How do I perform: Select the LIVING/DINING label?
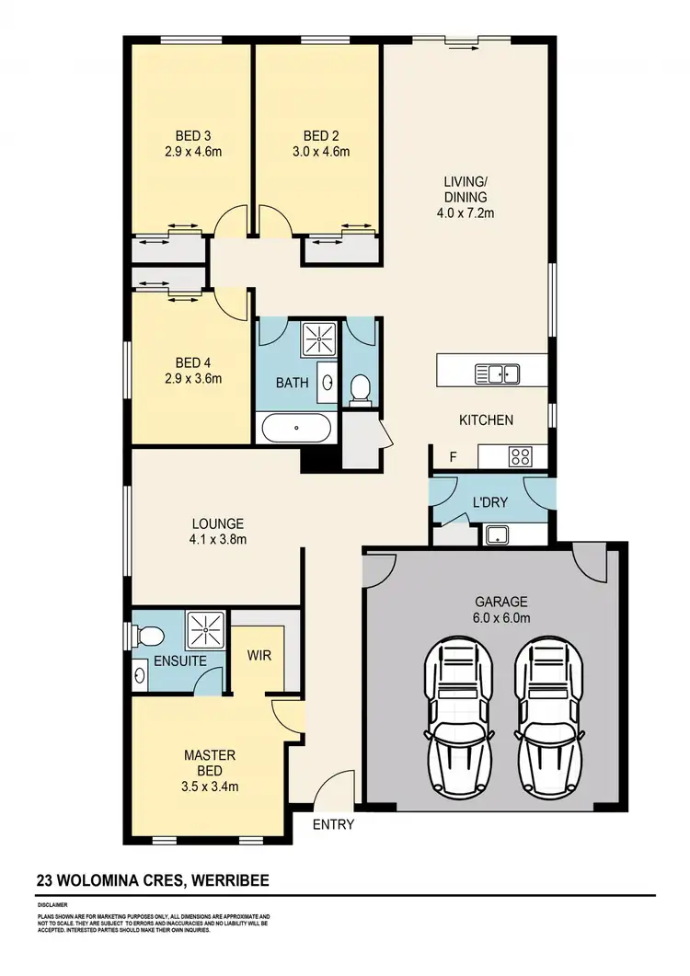465,189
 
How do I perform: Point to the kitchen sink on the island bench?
497,373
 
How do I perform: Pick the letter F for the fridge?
452,456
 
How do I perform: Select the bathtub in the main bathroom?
296,428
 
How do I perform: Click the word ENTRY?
333,824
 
